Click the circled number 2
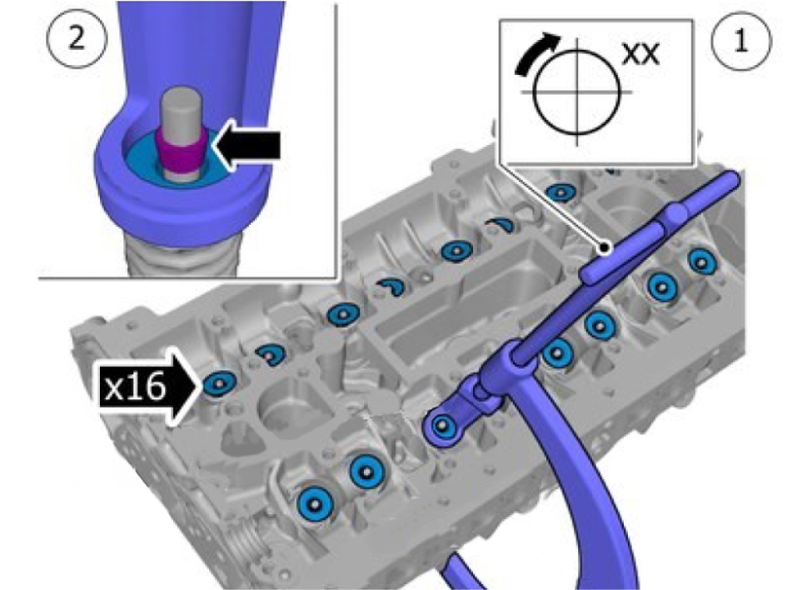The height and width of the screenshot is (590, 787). (77, 38)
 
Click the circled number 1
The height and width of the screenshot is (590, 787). (741, 40)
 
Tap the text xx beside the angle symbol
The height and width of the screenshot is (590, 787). (640, 54)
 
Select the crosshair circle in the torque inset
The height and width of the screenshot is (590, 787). (576, 93)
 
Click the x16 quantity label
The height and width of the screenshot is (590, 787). (136, 387)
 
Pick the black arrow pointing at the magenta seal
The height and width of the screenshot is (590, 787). (246, 146)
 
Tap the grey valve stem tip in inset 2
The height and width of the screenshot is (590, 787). (182, 112)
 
